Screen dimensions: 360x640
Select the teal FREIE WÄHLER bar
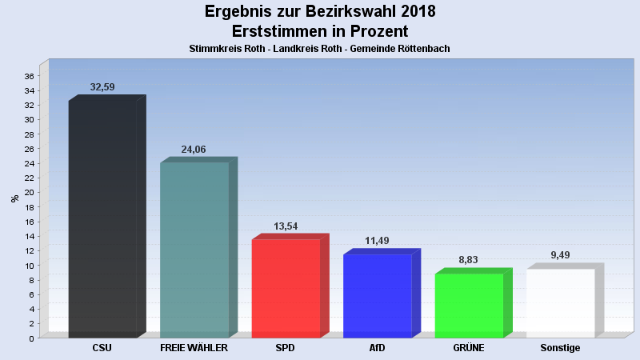tap(194, 250)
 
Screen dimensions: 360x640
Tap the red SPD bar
tap(286, 288)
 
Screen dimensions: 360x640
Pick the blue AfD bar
tap(377, 295)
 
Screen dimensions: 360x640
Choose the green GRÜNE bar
tap(469, 305)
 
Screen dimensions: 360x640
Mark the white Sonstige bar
tap(560, 302)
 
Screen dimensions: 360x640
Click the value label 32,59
tap(103, 86)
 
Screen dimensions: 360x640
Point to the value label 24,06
tap(194, 149)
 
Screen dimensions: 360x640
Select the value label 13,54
tap(286, 226)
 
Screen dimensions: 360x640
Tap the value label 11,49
tap(378, 241)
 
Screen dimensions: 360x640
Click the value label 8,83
tap(469, 260)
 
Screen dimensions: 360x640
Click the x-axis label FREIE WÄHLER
tap(194, 348)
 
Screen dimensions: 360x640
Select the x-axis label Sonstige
tap(560, 348)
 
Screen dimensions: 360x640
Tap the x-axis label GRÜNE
tap(469, 348)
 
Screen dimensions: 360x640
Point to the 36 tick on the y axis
tap(28, 76)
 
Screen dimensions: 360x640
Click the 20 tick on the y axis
tap(28, 193)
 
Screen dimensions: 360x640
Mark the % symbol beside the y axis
tap(14, 198)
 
